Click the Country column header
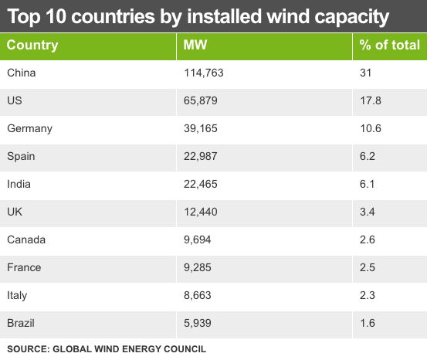click(32, 45)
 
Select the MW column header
click(195, 45)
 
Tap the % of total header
click(390, 45)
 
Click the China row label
click(21, 73)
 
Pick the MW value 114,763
click(203, 73)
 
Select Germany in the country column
click(29, 128)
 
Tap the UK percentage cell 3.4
click(368, 212)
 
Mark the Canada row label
click(26, 239)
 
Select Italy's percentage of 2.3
click(368, 295)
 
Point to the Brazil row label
click(21, 323)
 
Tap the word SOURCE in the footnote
click(28, 349)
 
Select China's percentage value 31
click(365, 73)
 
